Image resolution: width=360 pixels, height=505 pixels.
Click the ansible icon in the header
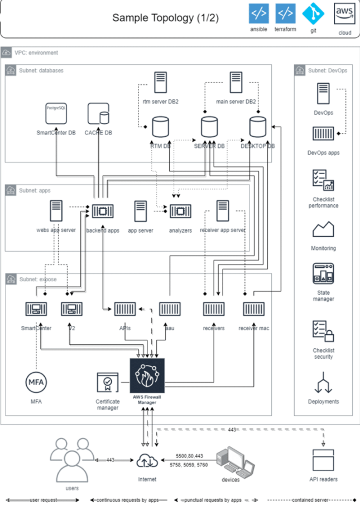point(258,13)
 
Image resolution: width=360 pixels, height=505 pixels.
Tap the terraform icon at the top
point(285,13)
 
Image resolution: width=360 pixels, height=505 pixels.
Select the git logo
point(313,13)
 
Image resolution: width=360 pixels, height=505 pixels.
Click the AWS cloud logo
point(344,13)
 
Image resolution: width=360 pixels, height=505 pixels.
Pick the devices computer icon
point(231,461)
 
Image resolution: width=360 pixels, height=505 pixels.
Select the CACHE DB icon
point(98,114)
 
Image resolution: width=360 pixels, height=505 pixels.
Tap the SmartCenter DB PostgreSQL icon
point(56,114)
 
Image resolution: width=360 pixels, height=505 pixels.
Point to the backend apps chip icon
point(103,211)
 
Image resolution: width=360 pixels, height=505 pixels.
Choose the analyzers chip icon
point(180,211)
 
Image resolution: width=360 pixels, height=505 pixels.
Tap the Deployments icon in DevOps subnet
point(323,384)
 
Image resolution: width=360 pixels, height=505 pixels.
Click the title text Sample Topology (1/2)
point(165,18)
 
